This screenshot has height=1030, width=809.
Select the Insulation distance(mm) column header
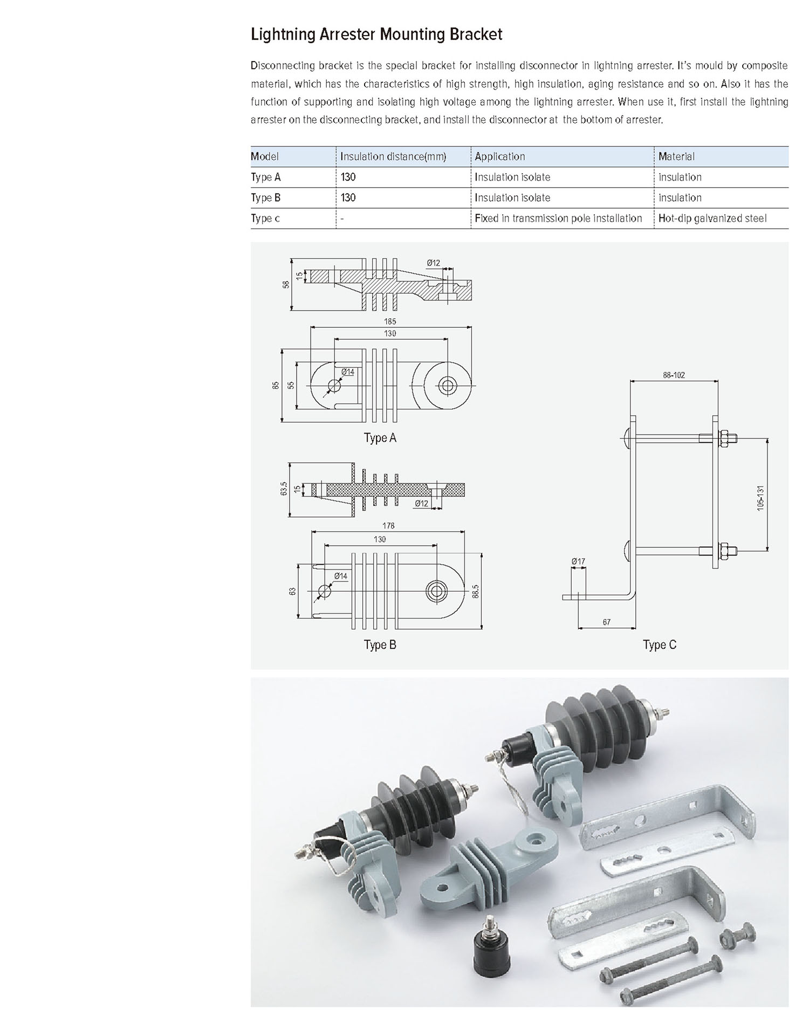point(393,157)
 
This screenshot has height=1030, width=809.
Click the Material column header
point(676,157)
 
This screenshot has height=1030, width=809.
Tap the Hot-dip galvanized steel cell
point(712,218)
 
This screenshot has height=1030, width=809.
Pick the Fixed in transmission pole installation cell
point(558,218)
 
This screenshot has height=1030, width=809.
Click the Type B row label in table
point(265,198)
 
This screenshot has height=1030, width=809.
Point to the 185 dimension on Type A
point(390,321)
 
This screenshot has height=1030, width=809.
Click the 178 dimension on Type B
point(388,526)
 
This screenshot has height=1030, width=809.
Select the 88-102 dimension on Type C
point(674,375)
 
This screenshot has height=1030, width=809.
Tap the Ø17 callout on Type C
point(578,561)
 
